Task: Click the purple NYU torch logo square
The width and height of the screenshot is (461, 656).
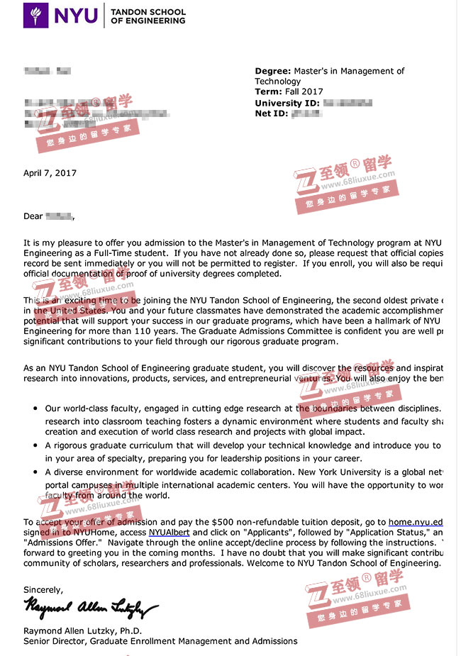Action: click(36, 15)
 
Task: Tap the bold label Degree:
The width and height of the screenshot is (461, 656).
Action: click(272, 71)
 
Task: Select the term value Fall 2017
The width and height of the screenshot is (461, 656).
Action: click(304, 92)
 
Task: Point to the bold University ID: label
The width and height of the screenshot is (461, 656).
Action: click(287, 103)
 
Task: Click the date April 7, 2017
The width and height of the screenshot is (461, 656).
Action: click(50, 173)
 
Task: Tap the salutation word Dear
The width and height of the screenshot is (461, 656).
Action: click(33, 216)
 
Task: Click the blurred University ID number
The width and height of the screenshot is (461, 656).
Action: click(348, 103)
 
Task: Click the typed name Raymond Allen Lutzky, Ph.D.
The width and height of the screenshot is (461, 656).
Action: click(83, 630)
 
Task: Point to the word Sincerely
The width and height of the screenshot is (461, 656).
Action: click(43, 589)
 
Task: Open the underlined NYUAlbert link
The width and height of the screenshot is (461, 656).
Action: click(169, 533)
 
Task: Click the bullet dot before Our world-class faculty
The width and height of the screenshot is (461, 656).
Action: click(35, 409)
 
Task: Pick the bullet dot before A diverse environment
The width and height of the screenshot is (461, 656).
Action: click(35, 472)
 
